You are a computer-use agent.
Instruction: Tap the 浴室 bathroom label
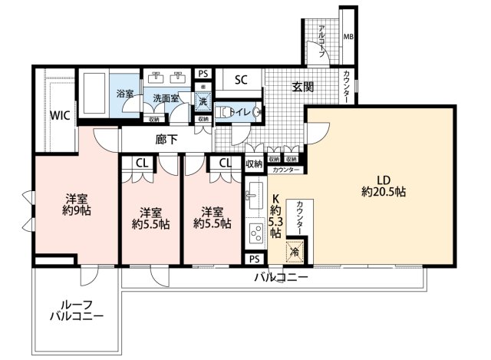[125, 94]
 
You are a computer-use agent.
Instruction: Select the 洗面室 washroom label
[164, 99]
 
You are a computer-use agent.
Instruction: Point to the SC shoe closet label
[240, 80]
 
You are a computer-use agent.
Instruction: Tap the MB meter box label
[348, 37]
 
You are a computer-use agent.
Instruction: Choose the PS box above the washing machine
[203, 74]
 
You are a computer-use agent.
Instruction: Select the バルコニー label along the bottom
[282, 277]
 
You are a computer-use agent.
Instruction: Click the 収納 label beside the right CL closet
[253, 163]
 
